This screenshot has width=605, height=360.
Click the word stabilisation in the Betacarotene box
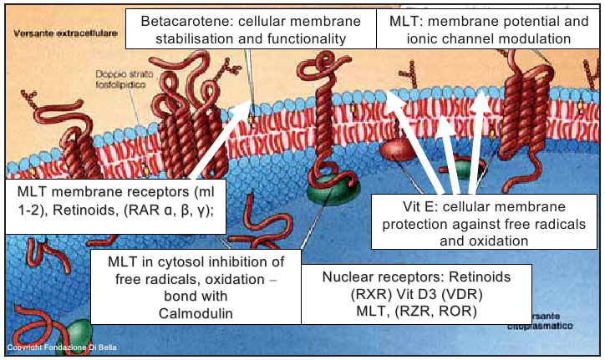pos(180,38)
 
